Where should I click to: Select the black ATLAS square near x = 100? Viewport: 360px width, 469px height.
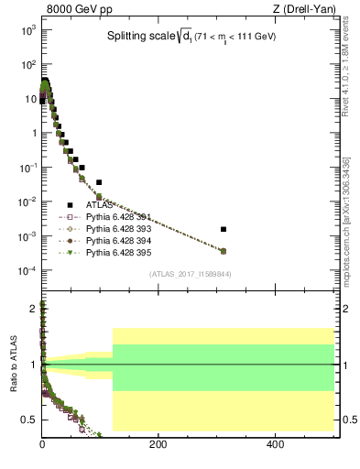point(99,182)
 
